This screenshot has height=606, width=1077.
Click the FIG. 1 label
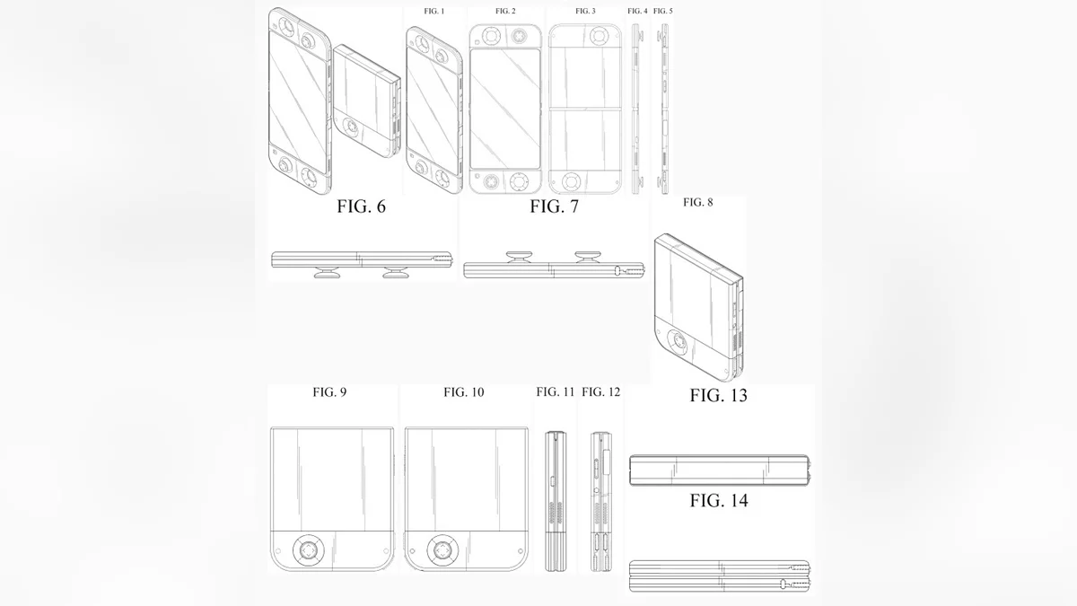tap(434, 11)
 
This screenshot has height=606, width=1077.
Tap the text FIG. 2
tap(505, 11)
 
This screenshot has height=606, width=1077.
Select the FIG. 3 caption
tap(585, 11)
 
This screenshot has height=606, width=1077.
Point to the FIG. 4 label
tap(637, 11)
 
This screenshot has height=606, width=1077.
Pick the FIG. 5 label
tap(663, 11)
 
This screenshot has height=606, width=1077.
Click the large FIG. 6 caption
tap(361, 207)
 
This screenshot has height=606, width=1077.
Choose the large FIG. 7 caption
tap(554, 207)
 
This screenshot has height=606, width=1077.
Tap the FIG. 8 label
tap(698, 203)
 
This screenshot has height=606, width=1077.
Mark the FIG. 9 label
tap(329, 392)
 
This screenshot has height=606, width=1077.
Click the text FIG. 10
tap(463, 392)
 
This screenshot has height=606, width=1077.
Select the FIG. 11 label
tap(556, 392)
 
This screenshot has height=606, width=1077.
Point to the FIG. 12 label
tap(600, 392)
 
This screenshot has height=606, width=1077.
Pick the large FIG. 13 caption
tap(718, 395)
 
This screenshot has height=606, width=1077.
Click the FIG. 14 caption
tap(718, 501)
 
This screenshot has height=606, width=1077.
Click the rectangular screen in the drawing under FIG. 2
tap(504, 110)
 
